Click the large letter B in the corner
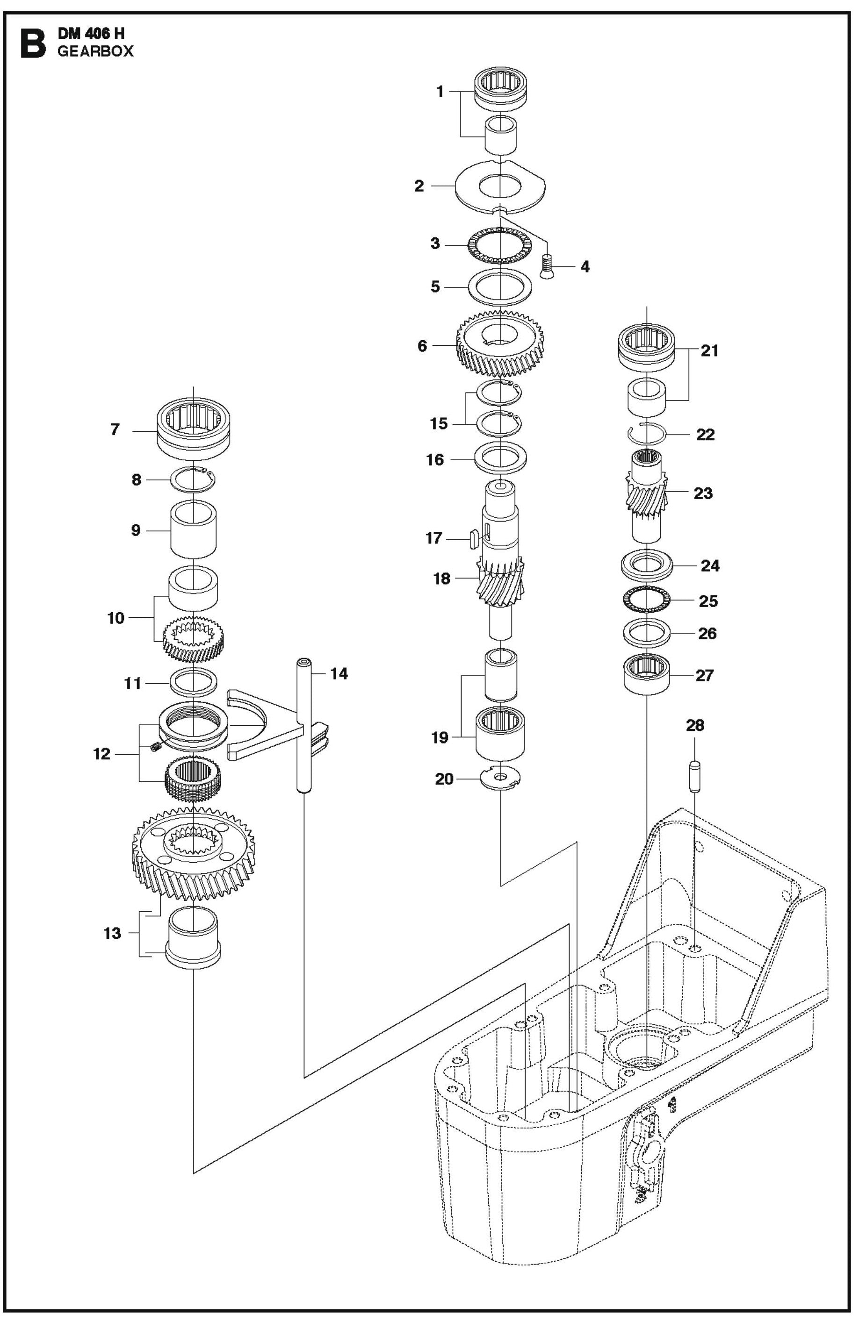click(32, 43)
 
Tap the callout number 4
click(585, 267)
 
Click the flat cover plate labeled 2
click(499, 186)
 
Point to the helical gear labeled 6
click(499, 344)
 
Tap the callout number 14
click(339, 674)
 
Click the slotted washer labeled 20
click(500, 777)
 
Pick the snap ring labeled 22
click(647, 433)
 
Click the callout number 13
click(112, 933)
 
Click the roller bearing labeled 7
click(193, 428)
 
